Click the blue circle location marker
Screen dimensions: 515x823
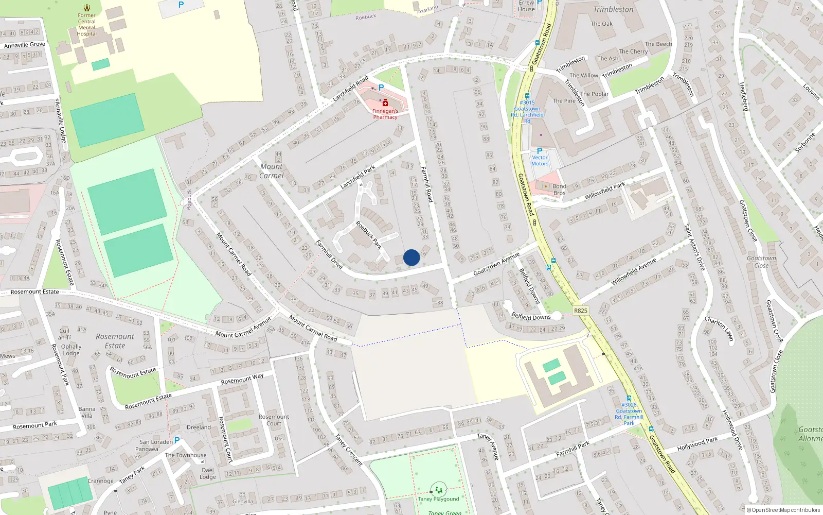coord(411,257)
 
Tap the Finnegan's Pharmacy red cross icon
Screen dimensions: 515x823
coord(385,103)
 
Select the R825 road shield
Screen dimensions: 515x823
coord(580,311)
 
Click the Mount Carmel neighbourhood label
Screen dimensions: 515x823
coord(271,171)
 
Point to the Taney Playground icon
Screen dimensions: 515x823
coord(439,490)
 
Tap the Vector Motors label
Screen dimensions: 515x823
coord(540,161)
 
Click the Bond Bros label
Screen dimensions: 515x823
coord(559,190)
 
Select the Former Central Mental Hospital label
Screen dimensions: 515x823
coord(87,25)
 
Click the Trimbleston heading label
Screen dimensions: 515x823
coord(613,9)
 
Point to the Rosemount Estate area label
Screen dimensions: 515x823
coord(115,341)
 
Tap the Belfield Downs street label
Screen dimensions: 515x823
coord(531,317)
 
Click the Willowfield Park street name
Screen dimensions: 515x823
coord(605,191)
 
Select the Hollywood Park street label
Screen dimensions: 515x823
coord(697,443)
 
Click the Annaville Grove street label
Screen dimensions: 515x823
coord(25,45)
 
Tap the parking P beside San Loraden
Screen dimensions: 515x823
coord(177,440)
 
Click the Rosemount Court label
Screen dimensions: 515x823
coord(274,420)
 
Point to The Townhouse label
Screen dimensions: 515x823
coord(186,455)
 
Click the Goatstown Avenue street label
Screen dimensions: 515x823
coord(496,263)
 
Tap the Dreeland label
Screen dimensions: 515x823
coord(199,427)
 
